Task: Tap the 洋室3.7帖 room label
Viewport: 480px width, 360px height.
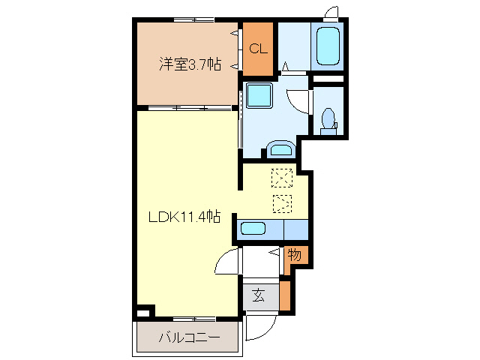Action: (x=189, y=64)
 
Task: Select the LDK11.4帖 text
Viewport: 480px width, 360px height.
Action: (x=184, y=217)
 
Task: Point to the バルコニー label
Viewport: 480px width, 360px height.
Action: (x=189, y=338)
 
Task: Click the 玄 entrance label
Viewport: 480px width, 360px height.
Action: (x=258, y=295)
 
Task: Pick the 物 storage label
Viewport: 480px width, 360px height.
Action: (x=295, y=256)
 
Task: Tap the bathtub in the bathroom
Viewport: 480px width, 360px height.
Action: (x=328, y=46)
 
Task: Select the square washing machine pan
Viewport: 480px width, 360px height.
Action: (x=260, y=97)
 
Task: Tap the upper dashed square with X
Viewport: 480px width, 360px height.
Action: (x=282, y=178)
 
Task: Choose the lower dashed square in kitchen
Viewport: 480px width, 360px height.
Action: (x=282, y=203)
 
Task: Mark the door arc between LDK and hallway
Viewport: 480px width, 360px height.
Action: (x=226, y=262)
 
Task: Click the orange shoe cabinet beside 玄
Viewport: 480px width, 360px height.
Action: (x=284, y=295)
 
